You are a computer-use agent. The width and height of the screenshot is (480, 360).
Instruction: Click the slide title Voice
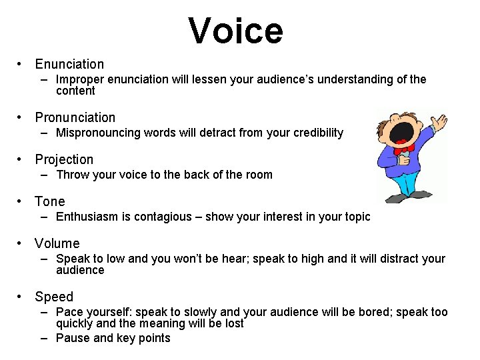235,31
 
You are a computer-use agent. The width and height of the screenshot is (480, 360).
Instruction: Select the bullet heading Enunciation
69,64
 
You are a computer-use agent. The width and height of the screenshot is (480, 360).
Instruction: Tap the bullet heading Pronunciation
75,117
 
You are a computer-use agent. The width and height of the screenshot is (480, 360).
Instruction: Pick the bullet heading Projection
64,159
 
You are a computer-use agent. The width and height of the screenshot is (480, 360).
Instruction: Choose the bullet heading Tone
50,201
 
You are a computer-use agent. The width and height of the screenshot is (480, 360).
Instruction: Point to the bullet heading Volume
57,243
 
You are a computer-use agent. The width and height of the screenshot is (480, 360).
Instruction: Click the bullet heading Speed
54,297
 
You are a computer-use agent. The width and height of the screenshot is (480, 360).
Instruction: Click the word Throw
71,175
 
